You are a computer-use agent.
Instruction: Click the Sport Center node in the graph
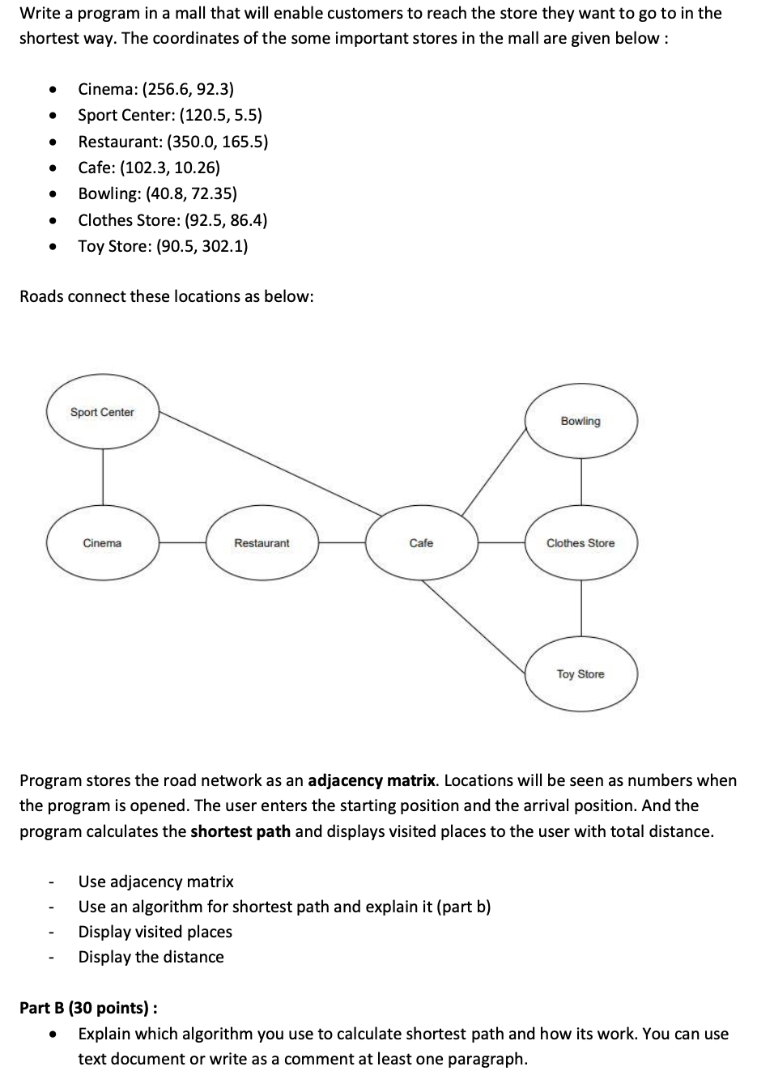(102, 412)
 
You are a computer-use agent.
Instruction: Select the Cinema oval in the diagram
(102, 543)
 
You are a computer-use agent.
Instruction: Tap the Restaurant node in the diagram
(262, 543)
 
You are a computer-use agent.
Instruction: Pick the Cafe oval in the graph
(421, 543)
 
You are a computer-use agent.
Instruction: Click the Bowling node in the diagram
(580, 421)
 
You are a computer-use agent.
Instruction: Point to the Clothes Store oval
(580, 543)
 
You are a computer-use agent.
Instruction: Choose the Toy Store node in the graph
(580, 673)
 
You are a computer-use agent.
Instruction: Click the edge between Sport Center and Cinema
(103, 478)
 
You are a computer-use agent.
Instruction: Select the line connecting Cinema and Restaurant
(182, 543)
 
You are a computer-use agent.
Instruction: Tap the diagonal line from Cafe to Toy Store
(475, 627)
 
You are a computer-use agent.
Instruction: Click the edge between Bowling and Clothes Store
(581, 482)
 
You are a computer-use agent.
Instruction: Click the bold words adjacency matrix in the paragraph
(372, 780)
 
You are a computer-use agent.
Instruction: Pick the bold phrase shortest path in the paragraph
(240, 831)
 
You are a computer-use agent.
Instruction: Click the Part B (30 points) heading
(88, 1008)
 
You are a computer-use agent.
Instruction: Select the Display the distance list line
(151, 957)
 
